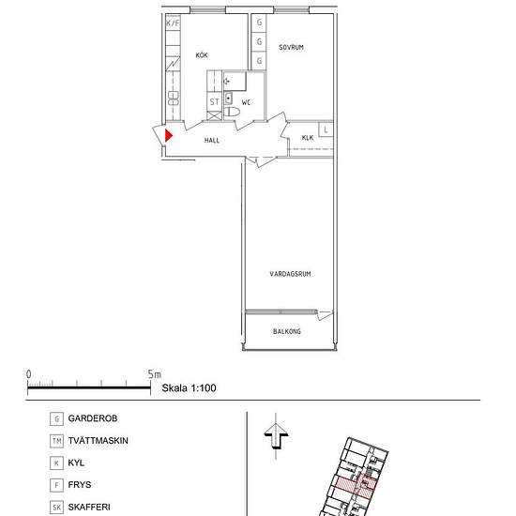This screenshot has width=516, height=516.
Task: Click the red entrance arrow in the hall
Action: click(x=169, y=136)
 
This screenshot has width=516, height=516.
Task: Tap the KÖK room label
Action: click(x=202, y=55)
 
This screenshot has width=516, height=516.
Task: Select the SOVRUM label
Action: click(x=291, y=48)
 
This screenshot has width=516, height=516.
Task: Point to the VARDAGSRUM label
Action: click(x=290, y=274)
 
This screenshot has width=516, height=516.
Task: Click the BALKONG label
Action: click(x=287, y=331)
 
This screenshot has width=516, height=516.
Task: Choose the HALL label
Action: click(x=212, y=141)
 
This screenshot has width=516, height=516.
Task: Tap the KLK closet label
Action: click(x=308, y=138)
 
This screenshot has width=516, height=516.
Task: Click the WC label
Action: click(x=246, y=102)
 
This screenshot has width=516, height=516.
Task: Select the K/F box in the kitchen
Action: click(x=174, y=23)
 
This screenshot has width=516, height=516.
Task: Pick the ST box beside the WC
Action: click(x=214, y=102)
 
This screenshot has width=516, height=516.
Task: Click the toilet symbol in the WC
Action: click(x=232, y=112)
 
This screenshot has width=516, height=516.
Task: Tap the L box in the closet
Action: click(x=326, y=130)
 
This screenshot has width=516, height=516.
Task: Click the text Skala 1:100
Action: click(x=189, y=388)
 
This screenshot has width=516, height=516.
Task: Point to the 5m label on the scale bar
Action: click(x=155, y=374)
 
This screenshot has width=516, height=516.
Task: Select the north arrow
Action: click(x=276, y=436)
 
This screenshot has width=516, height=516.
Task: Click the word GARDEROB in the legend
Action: click(x=93, y=418)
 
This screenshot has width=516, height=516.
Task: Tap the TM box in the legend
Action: click(x=56, y=441)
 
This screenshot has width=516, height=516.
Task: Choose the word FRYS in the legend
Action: click(x=80, y=485)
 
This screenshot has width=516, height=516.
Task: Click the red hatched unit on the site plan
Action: click(x=355, y=486)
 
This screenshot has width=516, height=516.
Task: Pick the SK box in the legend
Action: click(x=56, y=508)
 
